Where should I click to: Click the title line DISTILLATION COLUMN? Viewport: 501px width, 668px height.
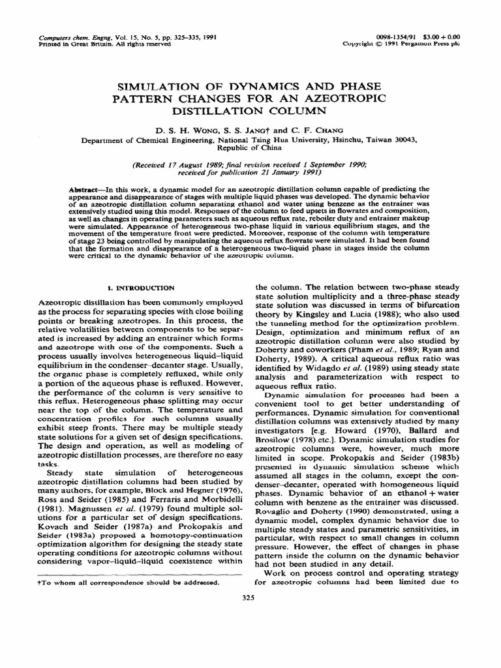pyautogui.click(x=250, y=109)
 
